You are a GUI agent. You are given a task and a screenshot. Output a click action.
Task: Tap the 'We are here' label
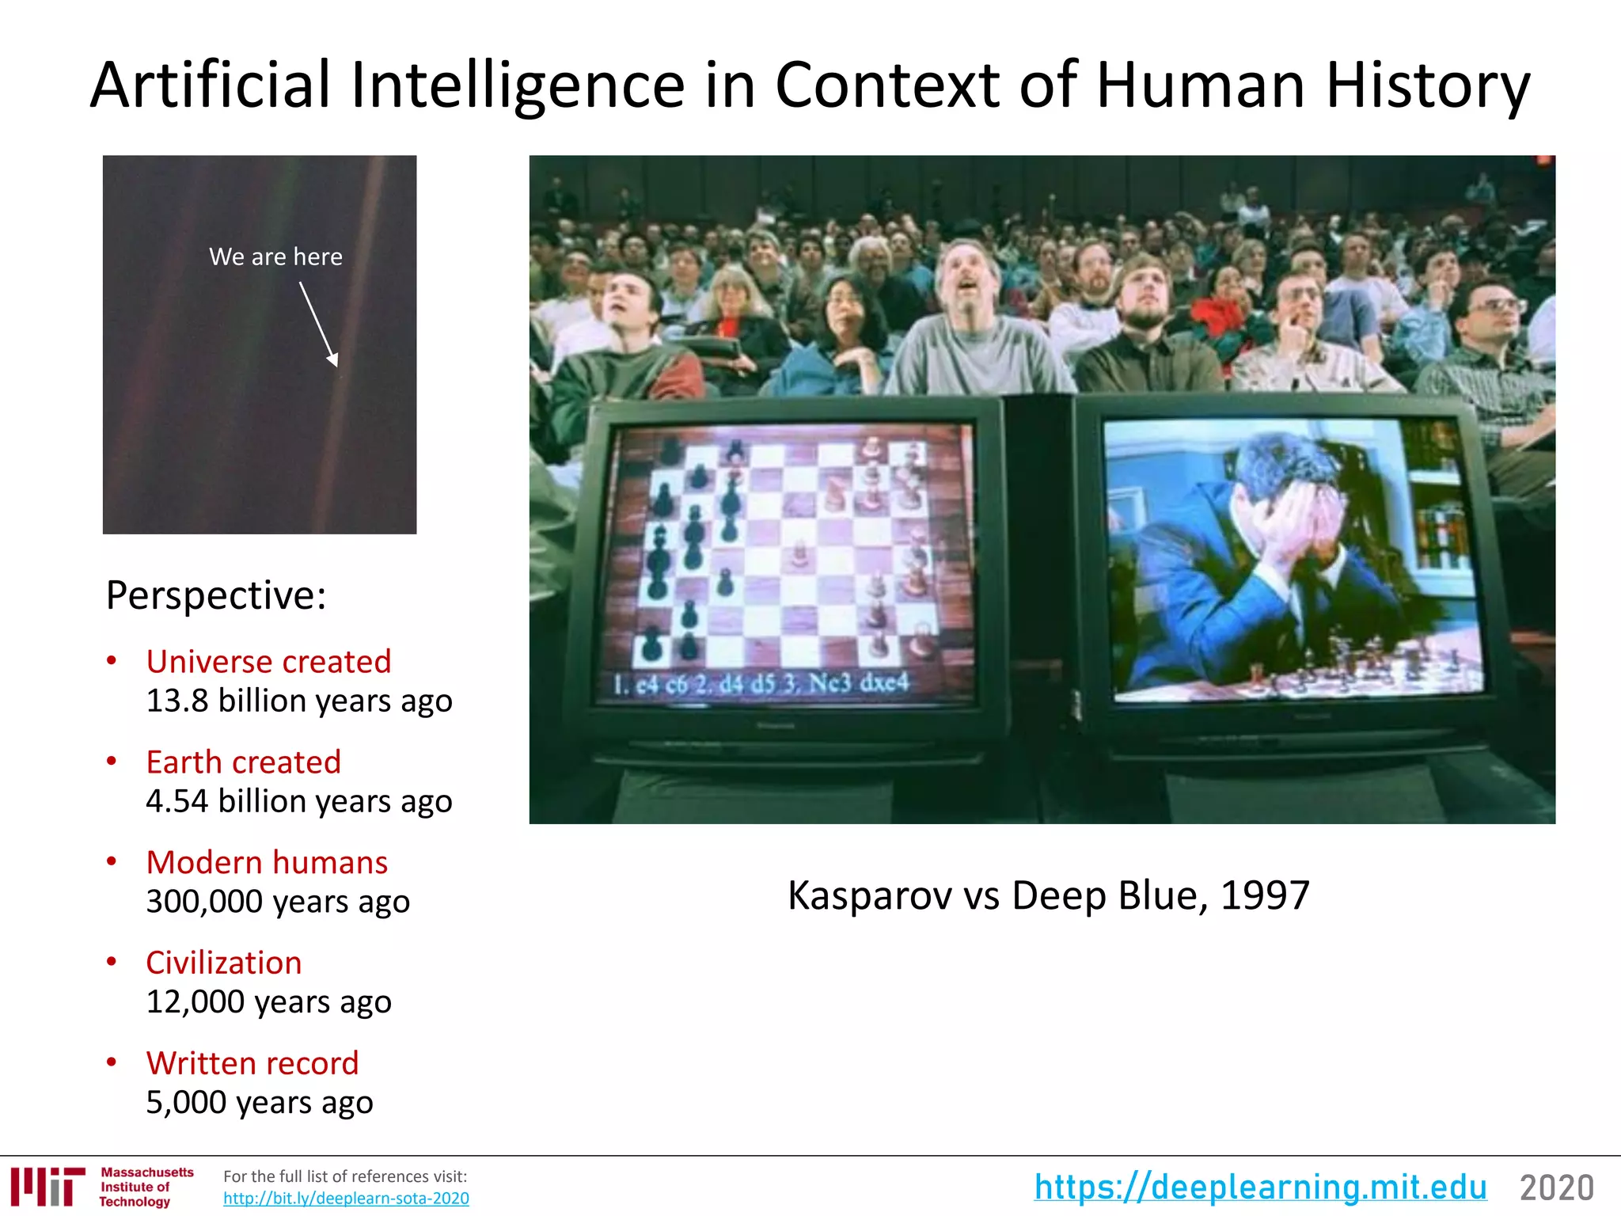[x=275, y=256]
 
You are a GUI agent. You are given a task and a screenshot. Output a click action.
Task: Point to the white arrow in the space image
[x=319, y=325]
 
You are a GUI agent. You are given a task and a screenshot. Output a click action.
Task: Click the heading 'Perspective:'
[x=216, y=595]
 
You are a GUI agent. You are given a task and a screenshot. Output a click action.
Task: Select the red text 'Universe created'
[x=268, y=662]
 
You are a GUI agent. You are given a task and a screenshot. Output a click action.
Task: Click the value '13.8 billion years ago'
[x=299, y=701]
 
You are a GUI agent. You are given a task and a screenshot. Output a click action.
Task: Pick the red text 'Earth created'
[x=243, y=762]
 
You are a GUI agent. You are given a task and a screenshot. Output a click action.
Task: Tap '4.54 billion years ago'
[x=299, y=802]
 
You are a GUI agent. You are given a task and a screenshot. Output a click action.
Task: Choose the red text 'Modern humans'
[x=267, y=863]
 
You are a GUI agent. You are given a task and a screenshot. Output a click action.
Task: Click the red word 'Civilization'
[x=224, y=963]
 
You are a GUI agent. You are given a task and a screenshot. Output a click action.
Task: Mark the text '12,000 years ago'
[x=268, y=1002]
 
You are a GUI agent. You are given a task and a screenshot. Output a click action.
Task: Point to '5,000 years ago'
[x=259, y=1103]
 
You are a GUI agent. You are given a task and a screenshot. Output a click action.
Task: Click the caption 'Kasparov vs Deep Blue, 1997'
[x=1048, y=896]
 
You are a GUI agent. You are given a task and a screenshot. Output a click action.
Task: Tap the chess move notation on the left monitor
[x=761, y=683]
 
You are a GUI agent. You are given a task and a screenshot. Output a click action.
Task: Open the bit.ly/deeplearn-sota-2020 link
[x=346, y=1199]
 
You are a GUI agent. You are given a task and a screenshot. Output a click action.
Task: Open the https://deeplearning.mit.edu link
[x=1260, y=1187]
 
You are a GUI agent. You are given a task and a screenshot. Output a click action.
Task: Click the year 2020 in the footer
[x=1556, y=1188]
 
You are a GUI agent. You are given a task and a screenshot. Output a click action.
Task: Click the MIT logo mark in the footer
[x=47, y=1186]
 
